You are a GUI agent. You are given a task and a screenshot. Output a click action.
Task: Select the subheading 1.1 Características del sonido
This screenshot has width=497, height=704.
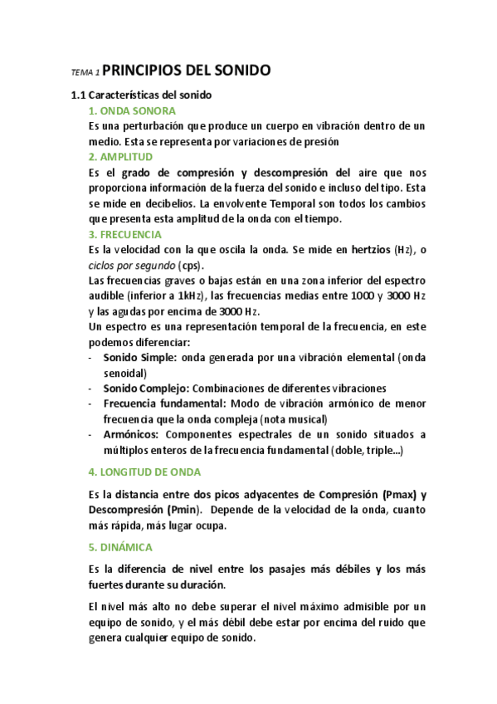(141, 95)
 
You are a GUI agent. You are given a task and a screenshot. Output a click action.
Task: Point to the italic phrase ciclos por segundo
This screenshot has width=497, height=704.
(129, 266)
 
